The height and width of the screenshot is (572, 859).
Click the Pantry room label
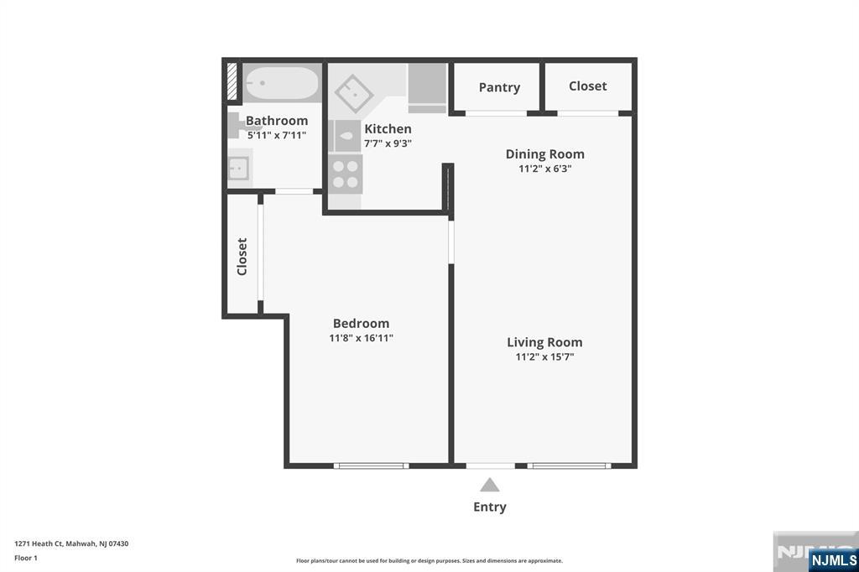click(x=499, y=87)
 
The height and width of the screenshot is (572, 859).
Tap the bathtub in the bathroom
click(x=282, y=84)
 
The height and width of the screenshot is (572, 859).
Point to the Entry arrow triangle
click(x=490, y=485)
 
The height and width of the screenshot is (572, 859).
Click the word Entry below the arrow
click(x=490, y=507)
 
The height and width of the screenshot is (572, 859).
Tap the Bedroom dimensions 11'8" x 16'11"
click(x=361, y=338)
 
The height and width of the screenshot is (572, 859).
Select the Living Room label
click(x=544, y=342)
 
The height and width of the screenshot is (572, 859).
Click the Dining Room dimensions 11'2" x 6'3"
click(x=544, y=168)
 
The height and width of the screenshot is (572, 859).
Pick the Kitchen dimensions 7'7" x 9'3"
click(x=388, y=143)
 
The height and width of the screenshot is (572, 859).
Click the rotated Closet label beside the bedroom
click(x=242, y=257)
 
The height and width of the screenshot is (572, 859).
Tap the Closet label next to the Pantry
click(x=587, y=86)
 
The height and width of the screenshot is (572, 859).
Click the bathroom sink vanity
click(x=240, y=169)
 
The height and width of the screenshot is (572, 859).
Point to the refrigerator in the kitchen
click(x=427, y=87)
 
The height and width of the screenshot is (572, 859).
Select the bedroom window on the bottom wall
click(x=371, y=465)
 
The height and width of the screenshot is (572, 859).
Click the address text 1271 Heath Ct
click(x=71, y=543)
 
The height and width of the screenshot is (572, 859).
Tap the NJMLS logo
click(x=833, y=559)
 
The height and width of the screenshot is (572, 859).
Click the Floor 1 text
click(x=26, y=557)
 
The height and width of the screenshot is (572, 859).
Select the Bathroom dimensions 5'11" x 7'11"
click(x=276, y=135)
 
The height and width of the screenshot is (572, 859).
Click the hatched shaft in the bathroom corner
click(x=232, y=83)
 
